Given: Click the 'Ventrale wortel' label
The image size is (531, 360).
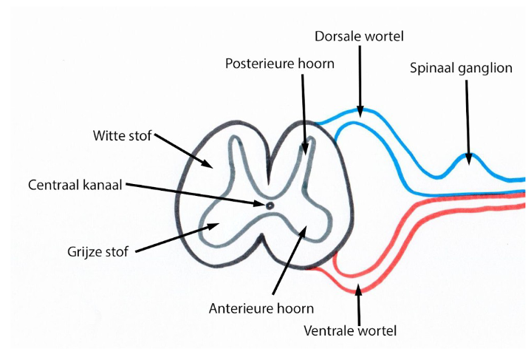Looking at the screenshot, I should coord(351,330).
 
